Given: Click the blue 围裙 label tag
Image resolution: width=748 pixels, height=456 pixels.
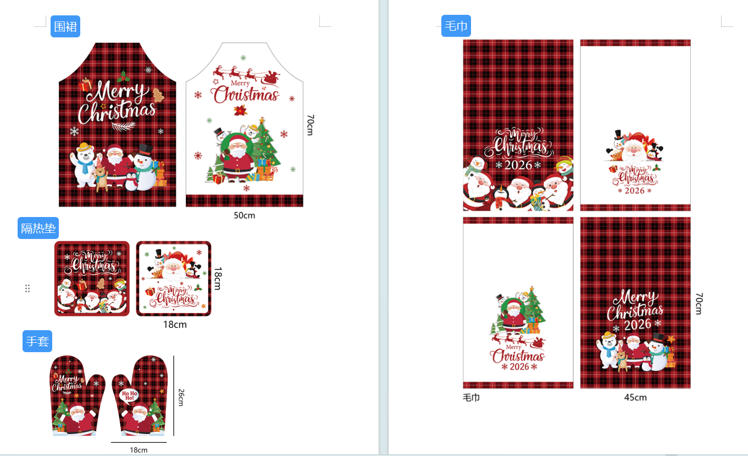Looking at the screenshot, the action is (x=65, y=26).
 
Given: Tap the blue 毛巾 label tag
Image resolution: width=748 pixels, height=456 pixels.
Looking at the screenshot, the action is (x=456, y=26).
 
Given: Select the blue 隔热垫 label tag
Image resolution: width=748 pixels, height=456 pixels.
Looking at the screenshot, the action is (x=38, y=229).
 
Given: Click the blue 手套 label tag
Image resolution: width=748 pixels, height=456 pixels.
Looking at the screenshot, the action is (x=37, y=341).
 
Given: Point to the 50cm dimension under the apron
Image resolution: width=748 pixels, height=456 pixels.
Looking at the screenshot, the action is (x=245, y=216).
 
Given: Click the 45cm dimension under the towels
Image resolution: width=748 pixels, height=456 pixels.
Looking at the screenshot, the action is (x=635, y=398).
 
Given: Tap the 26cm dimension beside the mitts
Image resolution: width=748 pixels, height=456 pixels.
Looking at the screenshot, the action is (x=181, y=397).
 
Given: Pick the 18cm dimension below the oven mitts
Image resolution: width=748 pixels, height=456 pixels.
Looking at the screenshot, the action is (x=138, y=450).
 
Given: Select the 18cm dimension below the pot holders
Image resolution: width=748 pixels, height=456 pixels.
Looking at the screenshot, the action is (x=175, y=325).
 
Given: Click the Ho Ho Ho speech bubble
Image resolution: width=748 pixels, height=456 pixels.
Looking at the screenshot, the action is (x=130, y=396).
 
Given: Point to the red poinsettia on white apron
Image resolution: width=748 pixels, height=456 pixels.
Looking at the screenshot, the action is (x=241, y=110).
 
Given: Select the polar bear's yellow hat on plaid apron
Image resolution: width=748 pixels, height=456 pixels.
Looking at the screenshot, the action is (x=84, y=147).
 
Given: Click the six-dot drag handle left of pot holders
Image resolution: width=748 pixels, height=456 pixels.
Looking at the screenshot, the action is (x=27, y=288).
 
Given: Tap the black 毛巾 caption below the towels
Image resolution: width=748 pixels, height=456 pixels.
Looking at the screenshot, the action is (x=471, y=398).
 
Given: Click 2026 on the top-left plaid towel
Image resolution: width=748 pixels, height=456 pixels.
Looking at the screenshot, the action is (x=518, y=165).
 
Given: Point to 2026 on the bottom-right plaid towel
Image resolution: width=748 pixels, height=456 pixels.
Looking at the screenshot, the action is (x=638, y=325).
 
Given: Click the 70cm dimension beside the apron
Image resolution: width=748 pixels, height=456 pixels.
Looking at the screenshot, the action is (x=310, y=125).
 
